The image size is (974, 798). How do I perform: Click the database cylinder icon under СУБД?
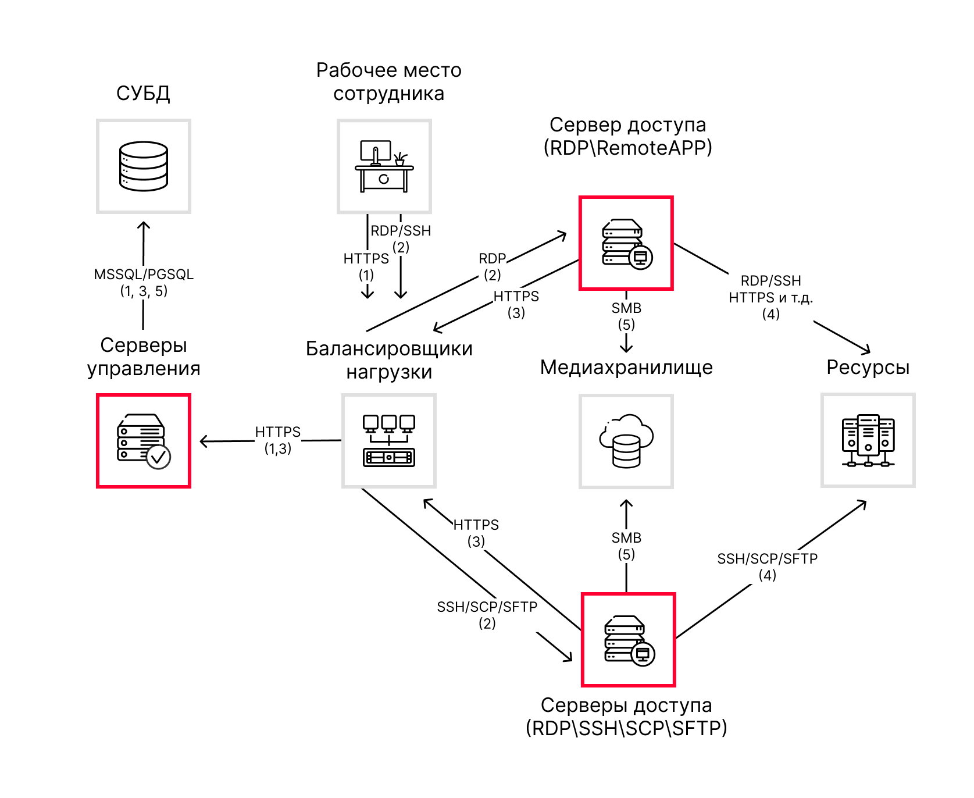(x=144, y=166)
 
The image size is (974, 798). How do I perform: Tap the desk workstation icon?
(x=384, y=166)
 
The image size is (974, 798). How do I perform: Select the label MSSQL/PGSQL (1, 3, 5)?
(x=144, y=283)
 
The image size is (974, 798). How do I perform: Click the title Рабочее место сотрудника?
(x=388, y=82)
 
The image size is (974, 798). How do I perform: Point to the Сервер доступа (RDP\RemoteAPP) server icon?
(x=626, y=243)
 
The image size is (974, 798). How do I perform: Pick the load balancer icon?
(x=388, y=441)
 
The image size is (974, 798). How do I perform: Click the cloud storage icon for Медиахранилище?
(x=626, y=441)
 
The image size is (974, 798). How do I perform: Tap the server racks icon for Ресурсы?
(x=868, y=440)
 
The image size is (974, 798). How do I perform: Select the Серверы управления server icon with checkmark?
(x=144, y=441)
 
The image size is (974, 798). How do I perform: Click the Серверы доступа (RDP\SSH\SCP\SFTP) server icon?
(x=629, y=640)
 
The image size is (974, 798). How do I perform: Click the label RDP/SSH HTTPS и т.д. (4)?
(x=770, y=297)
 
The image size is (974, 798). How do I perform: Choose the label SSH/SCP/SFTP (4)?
(x=767, y=567)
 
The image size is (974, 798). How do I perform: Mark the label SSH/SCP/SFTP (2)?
(x=487, y=615)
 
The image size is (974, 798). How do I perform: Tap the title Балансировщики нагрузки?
(x=389, y=360)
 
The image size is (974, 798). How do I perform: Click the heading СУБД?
(x=143, y=93)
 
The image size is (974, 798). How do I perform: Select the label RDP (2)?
(x=493, y=266)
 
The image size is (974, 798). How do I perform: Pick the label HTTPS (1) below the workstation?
(x=366, y=266)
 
